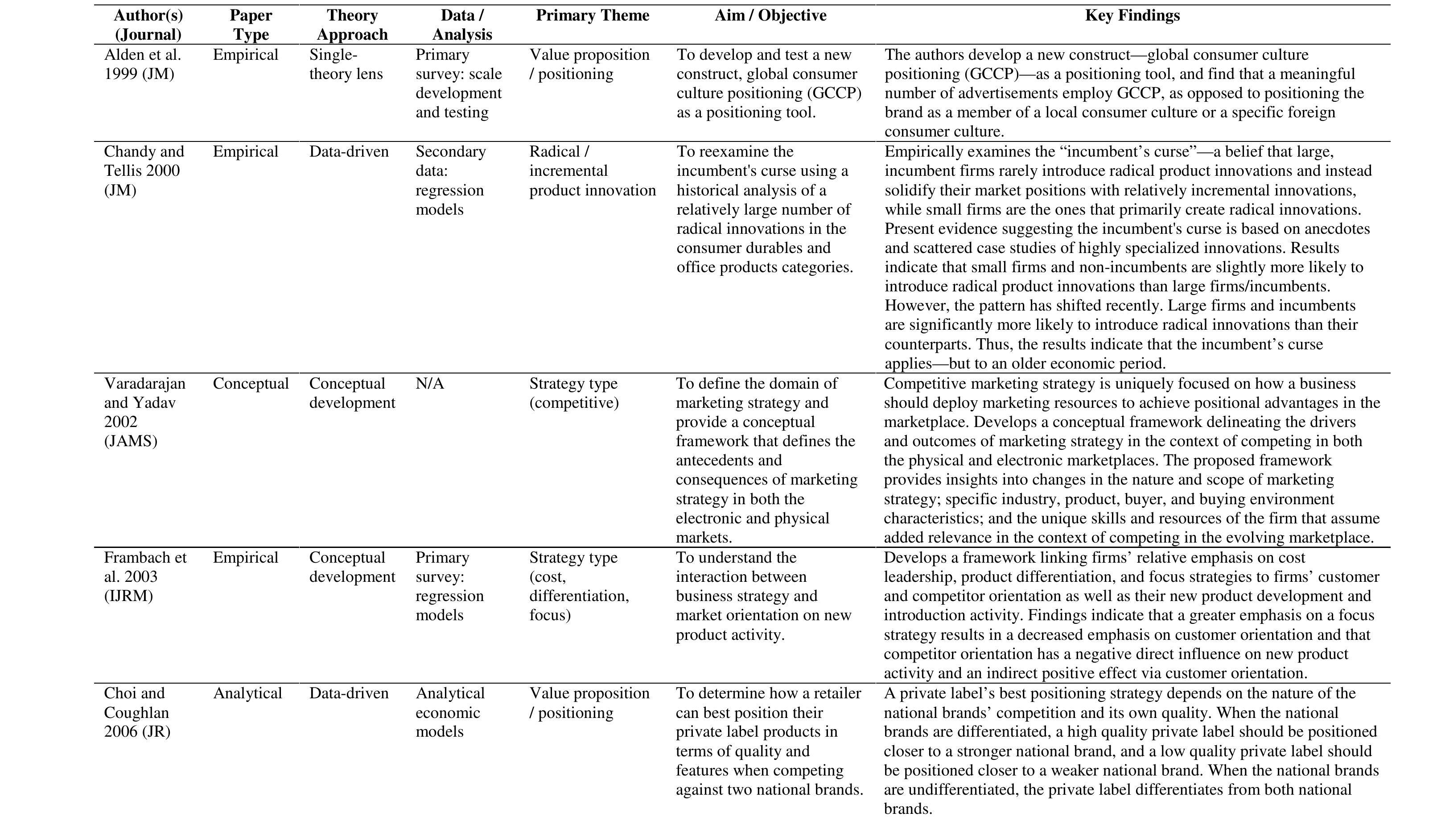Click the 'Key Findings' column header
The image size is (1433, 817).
point(1132,16)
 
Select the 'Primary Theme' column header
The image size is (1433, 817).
point(592,16)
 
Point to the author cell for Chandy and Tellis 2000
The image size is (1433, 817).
point(144,170)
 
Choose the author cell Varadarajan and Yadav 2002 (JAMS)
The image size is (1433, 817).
point(144,412)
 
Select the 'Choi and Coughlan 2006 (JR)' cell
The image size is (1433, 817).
point(137,712)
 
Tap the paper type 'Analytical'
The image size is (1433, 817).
point(247,693)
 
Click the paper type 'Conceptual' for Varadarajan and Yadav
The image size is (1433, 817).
point(251,384)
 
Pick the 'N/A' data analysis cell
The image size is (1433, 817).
point(429,384)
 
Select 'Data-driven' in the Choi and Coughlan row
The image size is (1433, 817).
point(348,693)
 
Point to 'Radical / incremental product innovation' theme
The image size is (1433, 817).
point(592,170)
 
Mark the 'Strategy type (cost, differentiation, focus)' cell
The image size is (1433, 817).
point(579,586)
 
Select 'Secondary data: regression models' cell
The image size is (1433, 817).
point(450,180)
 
